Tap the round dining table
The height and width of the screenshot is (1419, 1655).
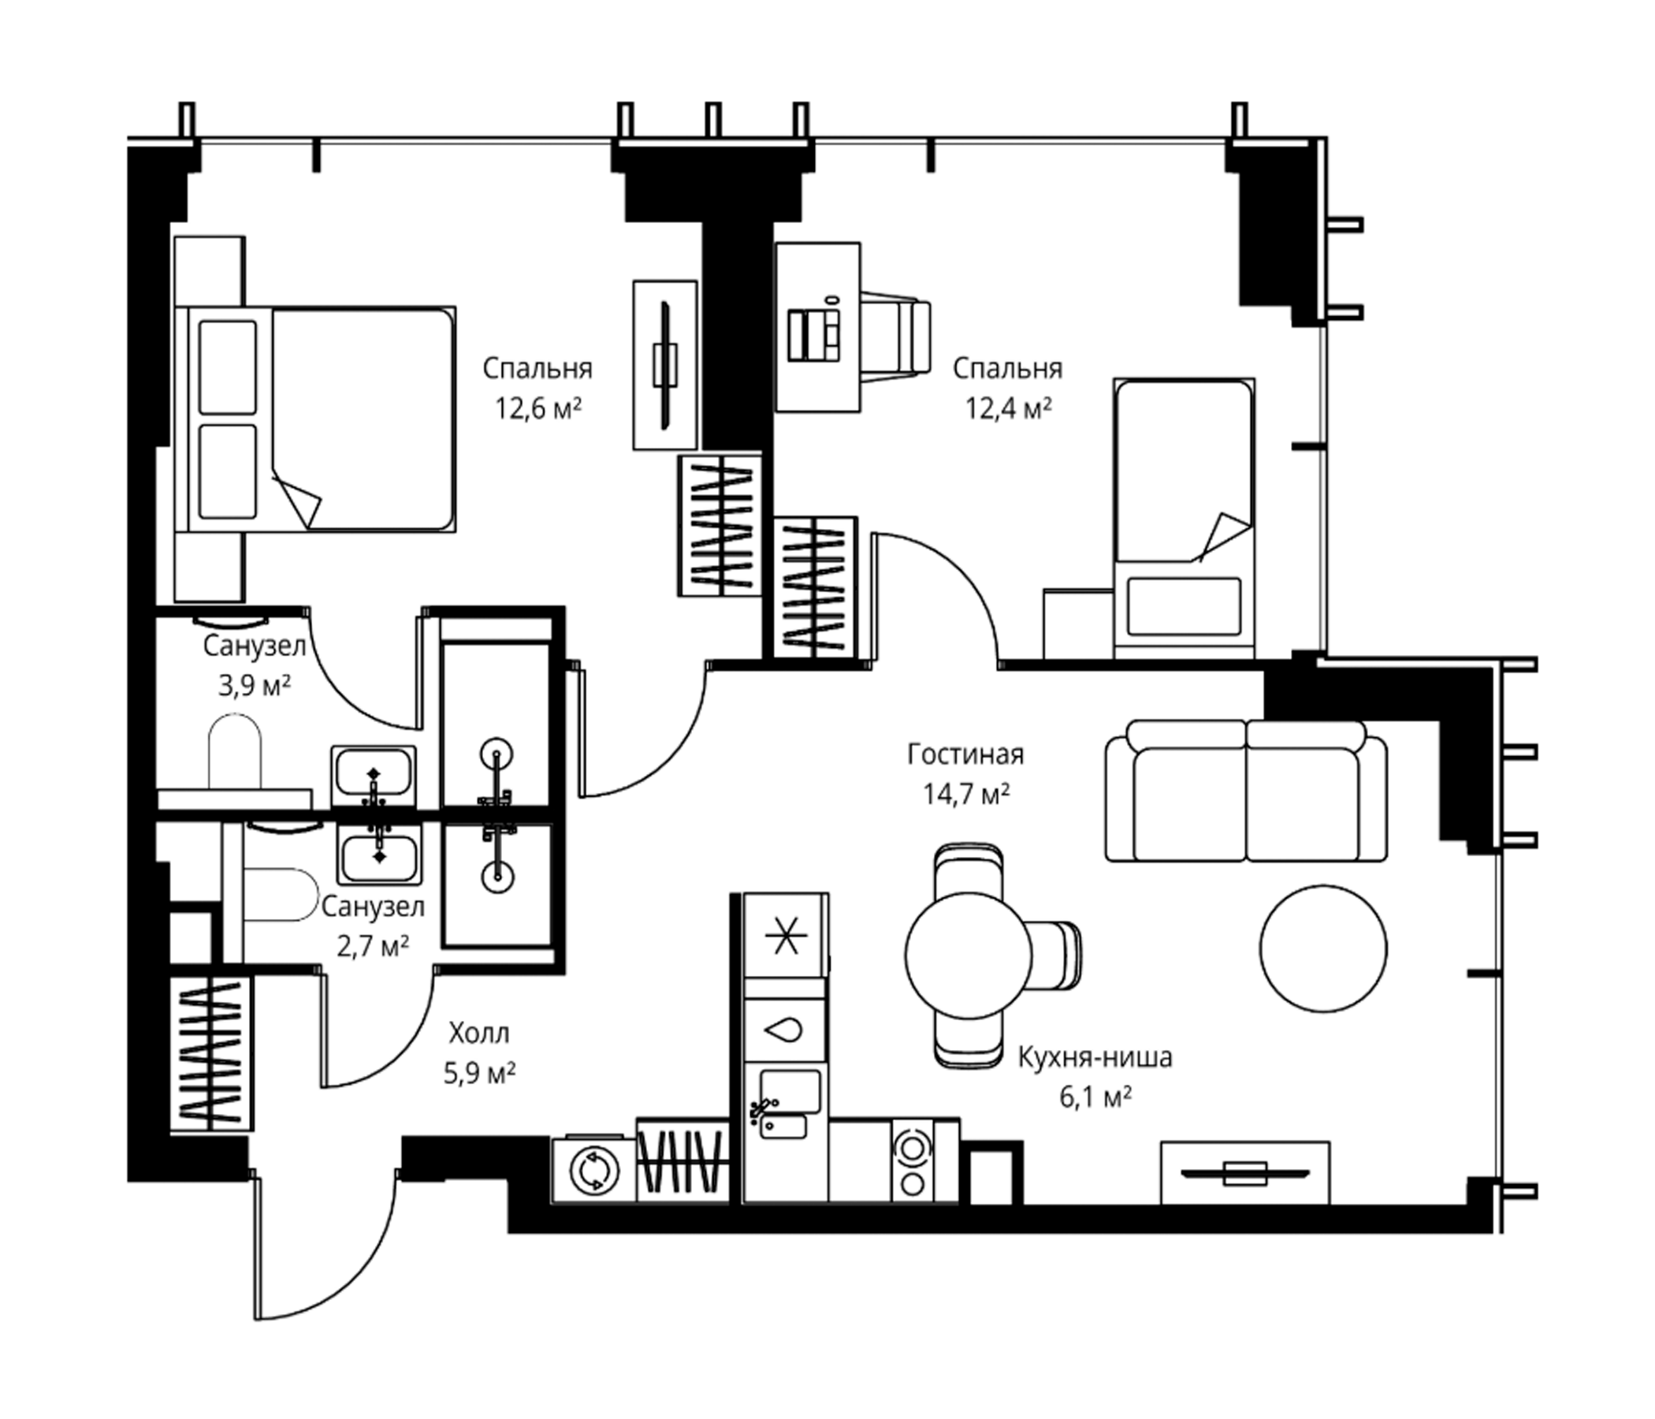[968, 955]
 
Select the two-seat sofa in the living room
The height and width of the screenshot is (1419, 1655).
[1246, 791]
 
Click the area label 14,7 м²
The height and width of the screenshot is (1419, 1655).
[966, 793]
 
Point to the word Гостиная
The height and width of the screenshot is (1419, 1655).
[965, 754]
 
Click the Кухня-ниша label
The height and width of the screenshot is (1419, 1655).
[1095, 1057]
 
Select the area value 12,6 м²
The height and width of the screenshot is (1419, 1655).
[537, 409]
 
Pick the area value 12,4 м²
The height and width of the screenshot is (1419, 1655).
[1008, 409]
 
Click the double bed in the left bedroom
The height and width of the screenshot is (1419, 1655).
[315, 419]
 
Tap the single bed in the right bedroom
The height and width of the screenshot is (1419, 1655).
[1184, 518]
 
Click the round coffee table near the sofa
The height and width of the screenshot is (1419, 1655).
[1323, 949]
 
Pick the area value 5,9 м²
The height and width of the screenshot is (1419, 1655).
[479, 1073]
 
